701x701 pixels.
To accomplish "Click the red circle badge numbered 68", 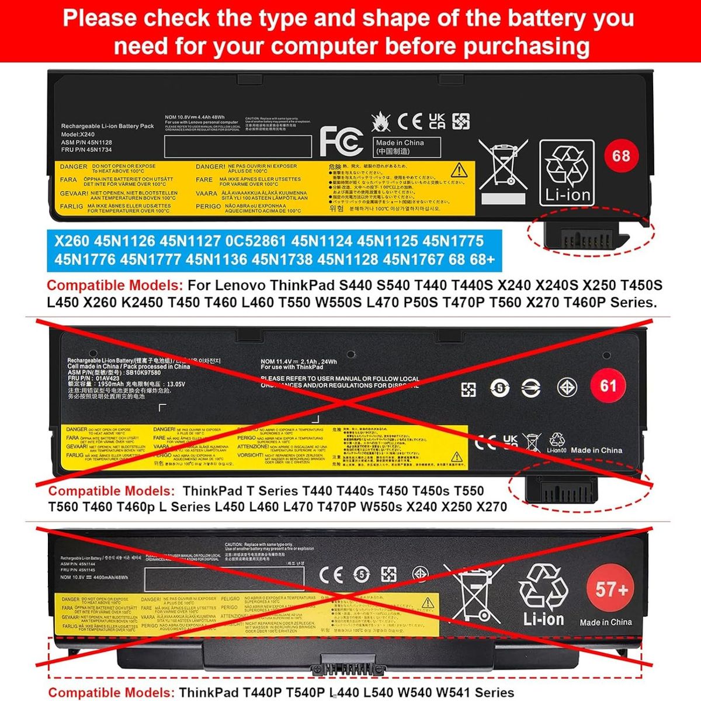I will pyautogui.click(x=620, y=156).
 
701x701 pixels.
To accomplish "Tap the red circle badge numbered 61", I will pyautogui.click(x=608, y=386).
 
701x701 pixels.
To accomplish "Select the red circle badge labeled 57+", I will pyautogui.click(x=612, y=589).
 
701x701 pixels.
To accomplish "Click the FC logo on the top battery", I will pyautogui.click(x=341, y=141).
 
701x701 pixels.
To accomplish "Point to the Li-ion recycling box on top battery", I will pyautogui.click(x=566, y=172).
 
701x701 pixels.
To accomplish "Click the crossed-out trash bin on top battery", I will pyautogui.click(x=502, y=164).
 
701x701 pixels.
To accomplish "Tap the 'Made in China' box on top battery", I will pyautogui.click(x=407, y=147).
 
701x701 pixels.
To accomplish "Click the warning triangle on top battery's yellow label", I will pyautogui.click(x=459, y=170).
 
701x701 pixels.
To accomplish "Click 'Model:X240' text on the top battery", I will pyautogui.click(x=78, y=134).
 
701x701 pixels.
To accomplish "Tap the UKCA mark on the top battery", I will pyautogui.click(x=437, y=121).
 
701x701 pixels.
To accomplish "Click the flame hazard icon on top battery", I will pyautogui.click(x=381, y=122).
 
